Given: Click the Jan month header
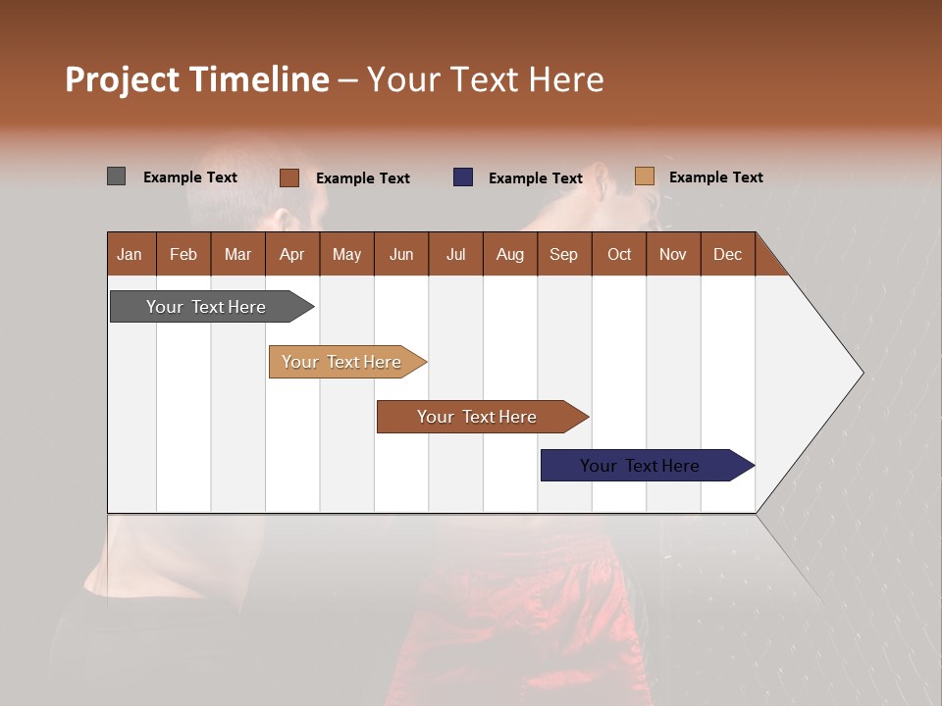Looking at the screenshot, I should tap(130, 254).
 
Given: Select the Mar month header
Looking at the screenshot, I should tap(237, 254).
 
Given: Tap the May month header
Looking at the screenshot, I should tap(346, 254).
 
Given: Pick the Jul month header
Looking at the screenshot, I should tap(455, 254).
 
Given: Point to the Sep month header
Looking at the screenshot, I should tap(563, 254).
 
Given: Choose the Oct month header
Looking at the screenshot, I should tap(619, 254).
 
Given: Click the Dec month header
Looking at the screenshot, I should tap(727, 254).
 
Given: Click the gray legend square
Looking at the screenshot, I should tap(116, 176).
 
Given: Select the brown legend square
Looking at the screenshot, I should tap(288, 177).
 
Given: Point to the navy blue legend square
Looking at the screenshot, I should tap(463, 177).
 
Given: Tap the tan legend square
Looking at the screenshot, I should tap(644, 176).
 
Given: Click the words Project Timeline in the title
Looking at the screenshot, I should tap(197, 79).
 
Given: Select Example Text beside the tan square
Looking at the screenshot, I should tap(715, 177).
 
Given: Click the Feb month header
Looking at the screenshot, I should tap(183, 254).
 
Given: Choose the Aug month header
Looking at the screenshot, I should tap(509, 254).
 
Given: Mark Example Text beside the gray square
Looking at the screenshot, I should tap(189, 177).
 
